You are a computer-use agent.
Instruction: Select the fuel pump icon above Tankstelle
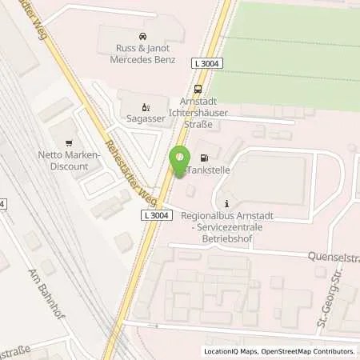205,156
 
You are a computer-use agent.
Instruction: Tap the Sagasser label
145,118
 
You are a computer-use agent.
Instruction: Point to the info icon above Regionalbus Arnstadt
227,202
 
